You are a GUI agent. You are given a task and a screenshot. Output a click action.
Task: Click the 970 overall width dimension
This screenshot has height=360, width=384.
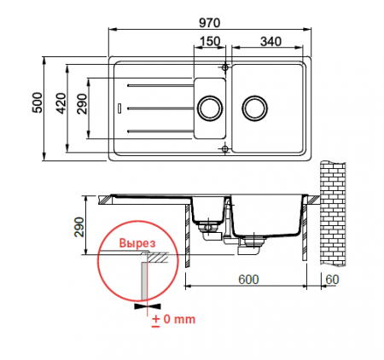[212, 20]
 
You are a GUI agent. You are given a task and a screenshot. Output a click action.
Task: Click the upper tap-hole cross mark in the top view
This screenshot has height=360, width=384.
[224, 67]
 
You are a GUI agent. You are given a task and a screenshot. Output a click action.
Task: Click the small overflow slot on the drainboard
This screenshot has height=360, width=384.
[119, 107]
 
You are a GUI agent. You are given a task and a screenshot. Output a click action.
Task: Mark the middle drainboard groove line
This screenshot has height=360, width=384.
[157, 107]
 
